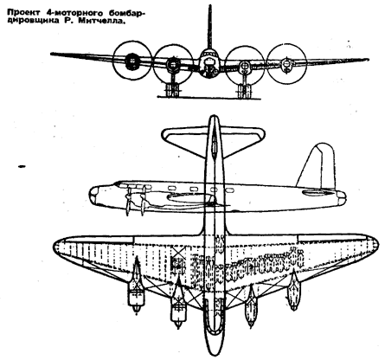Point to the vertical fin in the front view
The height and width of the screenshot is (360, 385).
[209, 27]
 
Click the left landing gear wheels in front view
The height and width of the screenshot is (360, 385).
[172, 91]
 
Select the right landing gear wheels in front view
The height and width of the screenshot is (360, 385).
[244, 92]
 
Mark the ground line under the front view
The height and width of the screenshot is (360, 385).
[209, 99]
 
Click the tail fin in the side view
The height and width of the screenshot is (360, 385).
[318, 167]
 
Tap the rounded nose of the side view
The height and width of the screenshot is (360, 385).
[94, 195]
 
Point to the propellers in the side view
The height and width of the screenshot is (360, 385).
[135, 201]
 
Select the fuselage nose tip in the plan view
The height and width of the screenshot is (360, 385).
[214, 353]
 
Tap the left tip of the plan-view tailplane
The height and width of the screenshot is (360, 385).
[164, 134]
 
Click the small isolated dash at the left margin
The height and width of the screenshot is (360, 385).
[22, 166]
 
